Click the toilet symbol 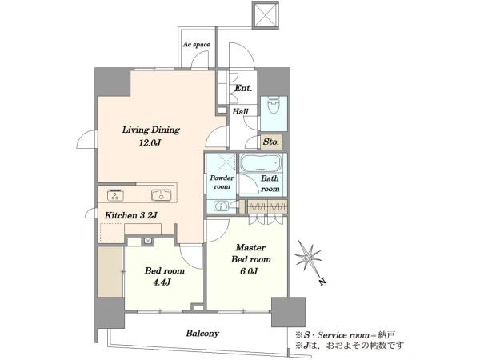coord(274,106)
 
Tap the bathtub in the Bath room coord(261,163)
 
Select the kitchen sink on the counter coord(161,195)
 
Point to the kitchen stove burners coord(115,195)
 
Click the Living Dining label coord(151,130)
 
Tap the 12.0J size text coord(150,142)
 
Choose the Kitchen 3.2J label coord(130,215)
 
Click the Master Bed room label coord(250,254)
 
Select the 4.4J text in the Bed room coord(162,282)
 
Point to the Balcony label coord(202,334)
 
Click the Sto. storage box coord(271,142)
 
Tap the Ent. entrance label coord(243,89)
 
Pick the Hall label coord(240,111)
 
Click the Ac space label coord(197,45)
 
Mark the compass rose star coord(308,257)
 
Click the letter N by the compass coord(322,282)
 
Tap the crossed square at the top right coord(266,14)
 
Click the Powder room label coord(222,182)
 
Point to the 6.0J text coord(249,271)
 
